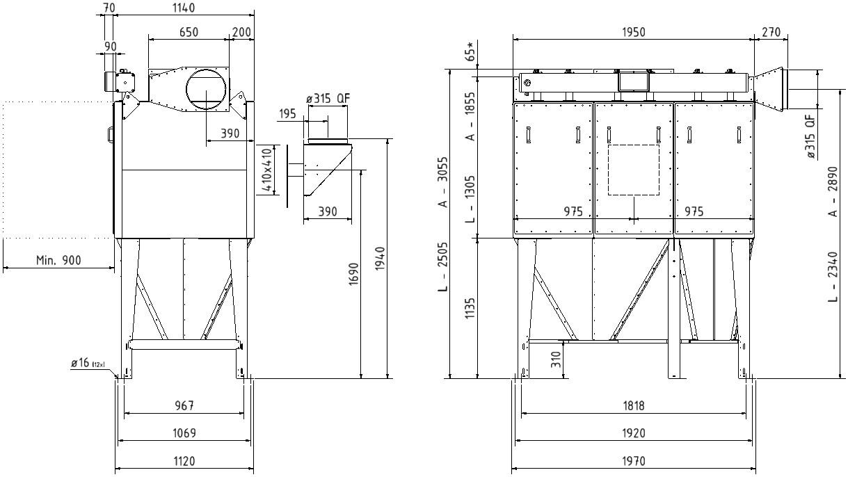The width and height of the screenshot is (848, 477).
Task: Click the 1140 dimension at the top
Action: click(184, 8)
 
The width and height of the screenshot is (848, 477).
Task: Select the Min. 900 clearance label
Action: click(58, 260)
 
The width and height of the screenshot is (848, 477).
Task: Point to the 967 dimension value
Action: click(184, 405)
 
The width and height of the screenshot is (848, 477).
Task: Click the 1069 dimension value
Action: click(184, 432)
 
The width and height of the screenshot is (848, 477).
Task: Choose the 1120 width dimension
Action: click(184, 461)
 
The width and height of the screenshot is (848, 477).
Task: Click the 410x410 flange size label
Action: click(267, 170)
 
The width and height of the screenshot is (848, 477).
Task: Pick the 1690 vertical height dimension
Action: click(353, 274)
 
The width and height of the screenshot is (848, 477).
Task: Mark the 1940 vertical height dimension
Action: click(380, 259)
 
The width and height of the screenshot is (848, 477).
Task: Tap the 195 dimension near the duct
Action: click(287, 113)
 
